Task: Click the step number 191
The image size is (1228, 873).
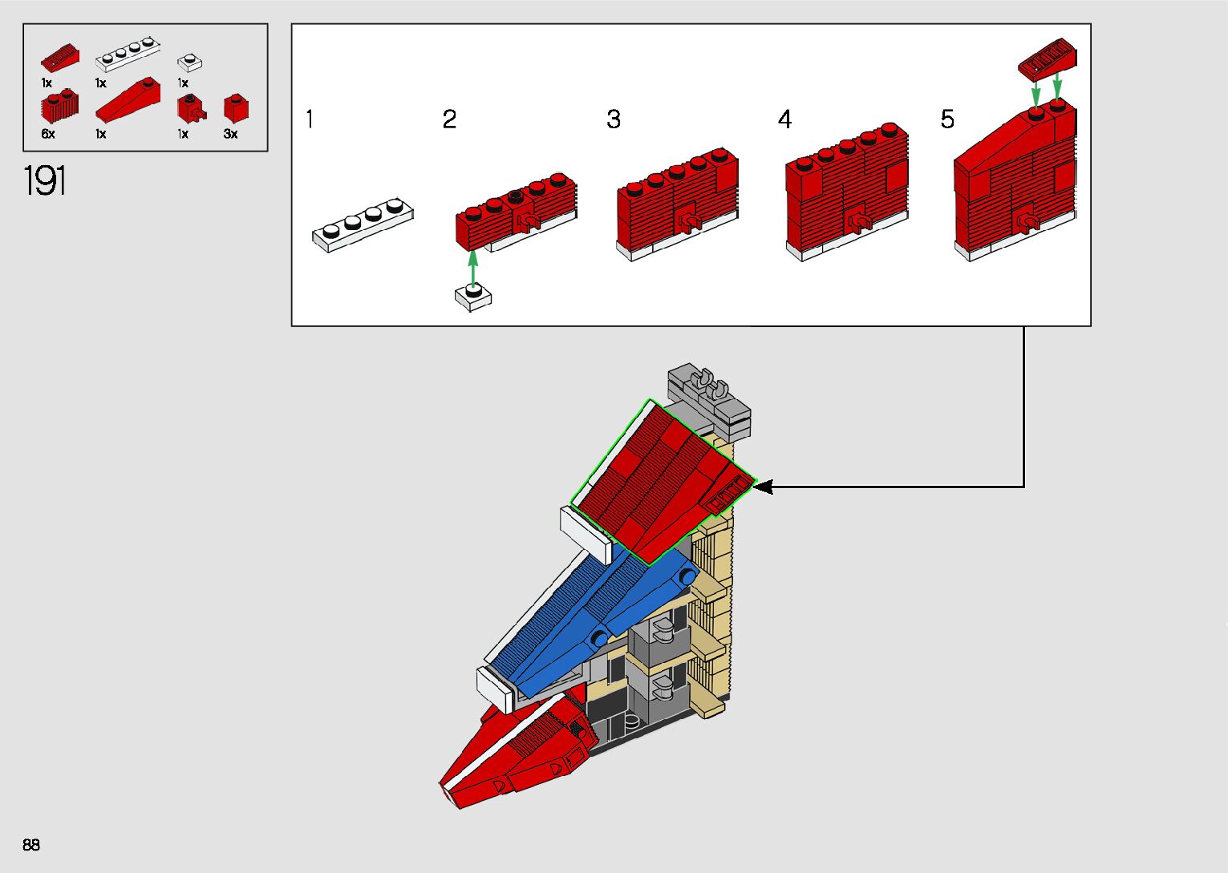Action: (45, 180)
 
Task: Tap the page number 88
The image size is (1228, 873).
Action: (31, 844)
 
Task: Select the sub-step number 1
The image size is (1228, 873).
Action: (310, 119)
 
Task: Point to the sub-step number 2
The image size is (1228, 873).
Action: (449, 119)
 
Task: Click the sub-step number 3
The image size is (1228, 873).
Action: (614, 119)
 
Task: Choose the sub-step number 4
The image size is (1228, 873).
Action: (784, 119)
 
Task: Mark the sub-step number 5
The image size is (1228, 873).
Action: (947, 119)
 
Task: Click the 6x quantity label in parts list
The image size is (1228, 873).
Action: (48, 134)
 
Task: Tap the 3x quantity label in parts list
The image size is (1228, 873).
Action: (231, 134)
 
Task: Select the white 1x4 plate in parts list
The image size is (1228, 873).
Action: (128, 54)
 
